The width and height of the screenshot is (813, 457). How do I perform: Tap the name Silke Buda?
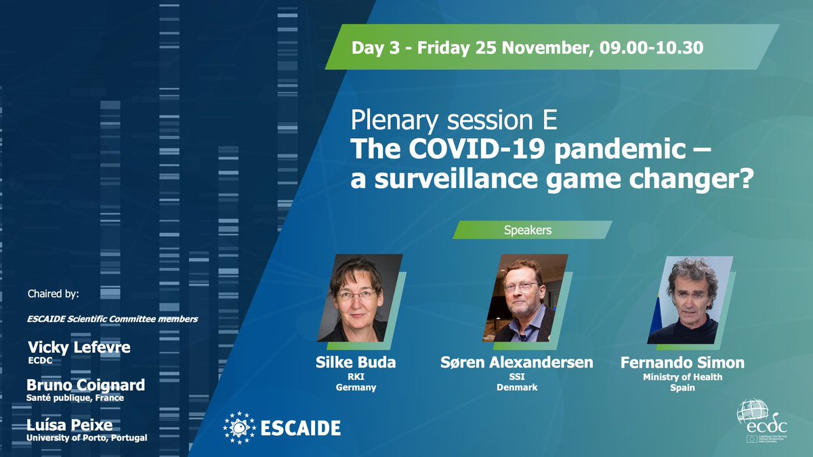click(355, 362)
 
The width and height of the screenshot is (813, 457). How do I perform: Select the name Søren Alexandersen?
click(517, 362)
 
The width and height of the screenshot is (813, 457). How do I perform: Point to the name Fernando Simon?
click(682, 362)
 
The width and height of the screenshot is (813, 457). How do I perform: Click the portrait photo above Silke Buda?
click(359, 298)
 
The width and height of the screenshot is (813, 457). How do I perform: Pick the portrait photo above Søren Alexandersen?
click(525, 298)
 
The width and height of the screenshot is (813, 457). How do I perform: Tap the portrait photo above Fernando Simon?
click(690, 300)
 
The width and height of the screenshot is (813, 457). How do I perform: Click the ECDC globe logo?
click(762, 420)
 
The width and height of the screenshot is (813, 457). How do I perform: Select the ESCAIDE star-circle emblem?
click(239, 428)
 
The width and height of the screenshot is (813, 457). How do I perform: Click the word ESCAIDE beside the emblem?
click(301, 428)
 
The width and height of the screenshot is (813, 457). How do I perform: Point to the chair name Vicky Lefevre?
click(79, 347)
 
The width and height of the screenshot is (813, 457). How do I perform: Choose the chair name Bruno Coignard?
click(85, 385)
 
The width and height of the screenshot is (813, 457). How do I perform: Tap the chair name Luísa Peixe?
click(69, 425)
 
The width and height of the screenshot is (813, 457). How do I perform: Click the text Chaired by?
click(54, 293)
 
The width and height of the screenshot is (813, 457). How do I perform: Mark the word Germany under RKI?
click(356, 387)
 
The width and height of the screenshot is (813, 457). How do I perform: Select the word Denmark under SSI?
click(517, 387)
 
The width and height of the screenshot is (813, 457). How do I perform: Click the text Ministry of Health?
click(682, 377)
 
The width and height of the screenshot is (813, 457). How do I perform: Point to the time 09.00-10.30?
click(651, 47)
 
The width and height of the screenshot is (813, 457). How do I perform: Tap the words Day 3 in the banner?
click(375, 48)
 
